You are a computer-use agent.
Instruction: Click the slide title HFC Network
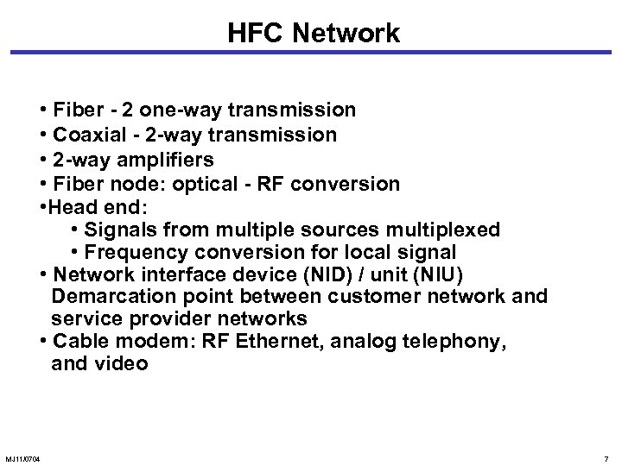click(x=314, y=34)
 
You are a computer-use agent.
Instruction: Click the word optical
click(x=236, y=184)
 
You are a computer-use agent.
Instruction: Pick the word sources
click(x=357, y=230)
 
